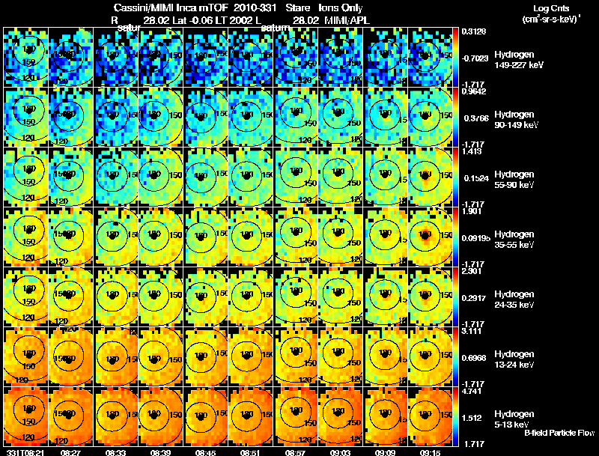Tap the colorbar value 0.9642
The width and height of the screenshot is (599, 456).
[472, 91]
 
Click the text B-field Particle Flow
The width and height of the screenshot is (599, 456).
[559, 433]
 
